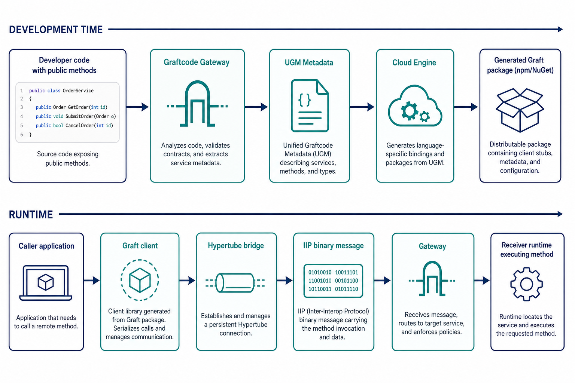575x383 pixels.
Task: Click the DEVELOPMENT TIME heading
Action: tap(56, 30)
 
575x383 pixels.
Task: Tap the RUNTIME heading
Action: tap(31, 214)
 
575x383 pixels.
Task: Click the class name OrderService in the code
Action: tap(78, 91)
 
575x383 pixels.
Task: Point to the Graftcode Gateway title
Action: tap(197, 62)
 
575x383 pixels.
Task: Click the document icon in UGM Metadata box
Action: tap(310, 106)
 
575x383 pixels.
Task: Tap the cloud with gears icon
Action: tap(415, 106)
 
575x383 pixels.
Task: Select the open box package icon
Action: tap(520, 110)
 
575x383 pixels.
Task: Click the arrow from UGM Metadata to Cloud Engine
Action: tap(362, 107)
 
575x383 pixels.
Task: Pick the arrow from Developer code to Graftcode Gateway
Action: tap(138, 107)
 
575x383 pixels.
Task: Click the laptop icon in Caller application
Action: tap(46, 283)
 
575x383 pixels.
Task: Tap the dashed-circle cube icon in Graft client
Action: tap(140, 280)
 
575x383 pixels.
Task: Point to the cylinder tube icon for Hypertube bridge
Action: tap(235, 283)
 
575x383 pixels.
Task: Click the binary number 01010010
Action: tap(320, 272)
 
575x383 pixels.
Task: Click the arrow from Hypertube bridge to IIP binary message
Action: tap(285, 281)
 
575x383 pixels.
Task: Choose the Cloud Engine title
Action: tap(414, 62)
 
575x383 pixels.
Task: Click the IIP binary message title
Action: tap(334, 246)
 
